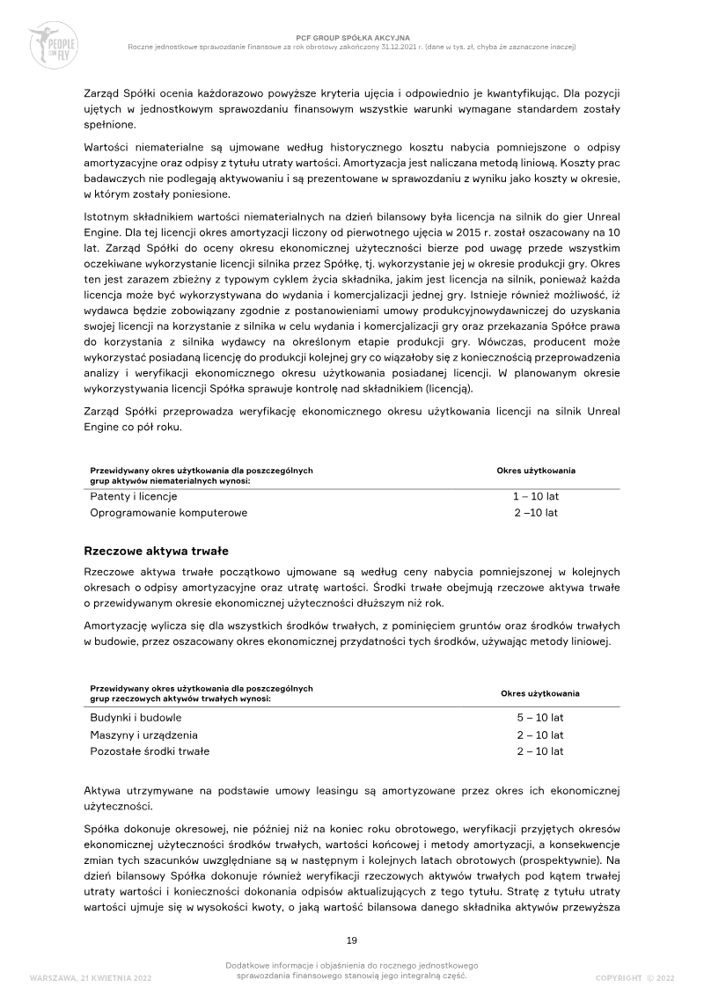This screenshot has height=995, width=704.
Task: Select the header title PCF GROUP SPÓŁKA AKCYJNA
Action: [x=352, y=39]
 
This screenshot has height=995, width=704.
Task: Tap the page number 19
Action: [x=352, y=940]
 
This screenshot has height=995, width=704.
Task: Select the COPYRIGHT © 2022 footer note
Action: [x=634, y=977]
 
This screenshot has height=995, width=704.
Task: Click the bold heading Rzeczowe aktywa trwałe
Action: [x=156, y=551]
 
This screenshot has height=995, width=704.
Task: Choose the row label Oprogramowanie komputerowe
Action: [x=169, y=512]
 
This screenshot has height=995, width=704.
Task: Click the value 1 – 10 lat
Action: [x=536, y=496]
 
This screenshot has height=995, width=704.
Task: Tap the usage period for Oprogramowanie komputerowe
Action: [x=536, y=512]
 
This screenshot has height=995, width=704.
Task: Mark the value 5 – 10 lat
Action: [x=540, y=718]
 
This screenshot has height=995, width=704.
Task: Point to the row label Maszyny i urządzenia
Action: [x=144, y=735]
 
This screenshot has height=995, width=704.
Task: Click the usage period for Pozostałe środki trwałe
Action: [x=540, y=751]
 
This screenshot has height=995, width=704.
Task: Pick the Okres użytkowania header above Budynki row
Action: [x=540, y=693]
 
